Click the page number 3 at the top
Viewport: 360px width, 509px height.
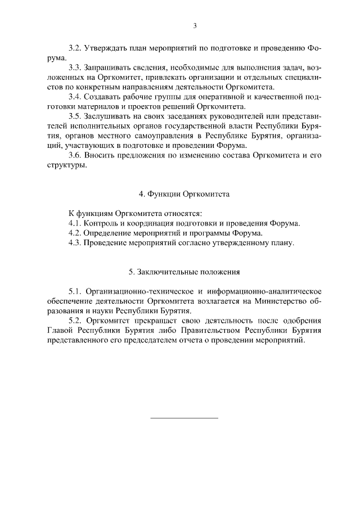point(195,25)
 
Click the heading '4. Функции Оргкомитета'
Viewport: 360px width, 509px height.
point(184,194)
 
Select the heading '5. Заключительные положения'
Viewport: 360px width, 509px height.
point(184,272)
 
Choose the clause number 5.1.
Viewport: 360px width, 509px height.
point(75,291)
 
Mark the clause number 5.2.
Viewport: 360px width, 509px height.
point(75,321)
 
